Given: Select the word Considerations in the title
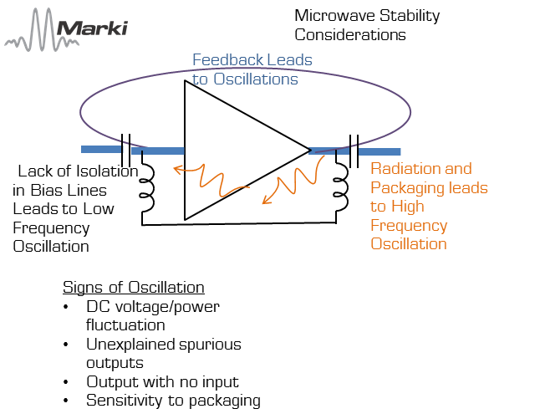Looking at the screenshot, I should pyautogui.click(x=350, y=34).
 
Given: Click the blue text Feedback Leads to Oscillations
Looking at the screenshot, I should pyautogui.click(x=252, y=69).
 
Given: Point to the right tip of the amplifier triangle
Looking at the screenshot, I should pyautogui.click(x=309, y=151).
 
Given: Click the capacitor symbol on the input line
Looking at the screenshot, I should pyautogui.click(x=127, y=151).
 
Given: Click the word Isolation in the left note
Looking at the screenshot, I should pyautogui.click(x=106, y=171).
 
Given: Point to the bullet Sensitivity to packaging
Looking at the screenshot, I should pyautogui.click(x=174, y=401).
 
